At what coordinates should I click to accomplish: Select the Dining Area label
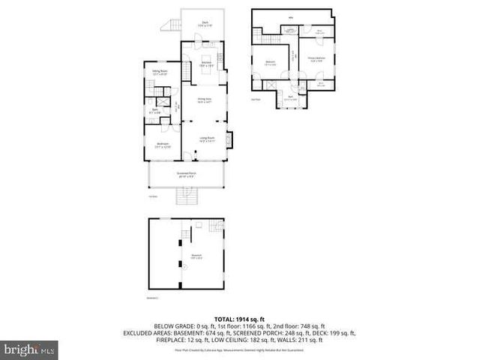tap(204, 100)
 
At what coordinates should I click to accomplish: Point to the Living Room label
tap(207, 139)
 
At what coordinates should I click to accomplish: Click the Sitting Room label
tap(159, 73)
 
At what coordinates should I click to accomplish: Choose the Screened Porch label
tap(187, 175)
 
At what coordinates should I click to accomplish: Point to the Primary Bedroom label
tap(316, 58)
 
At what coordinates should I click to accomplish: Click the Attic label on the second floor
tap(290, 18)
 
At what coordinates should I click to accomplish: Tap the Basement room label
tap(196, 256)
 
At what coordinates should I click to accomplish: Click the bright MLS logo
tap(30, 349)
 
